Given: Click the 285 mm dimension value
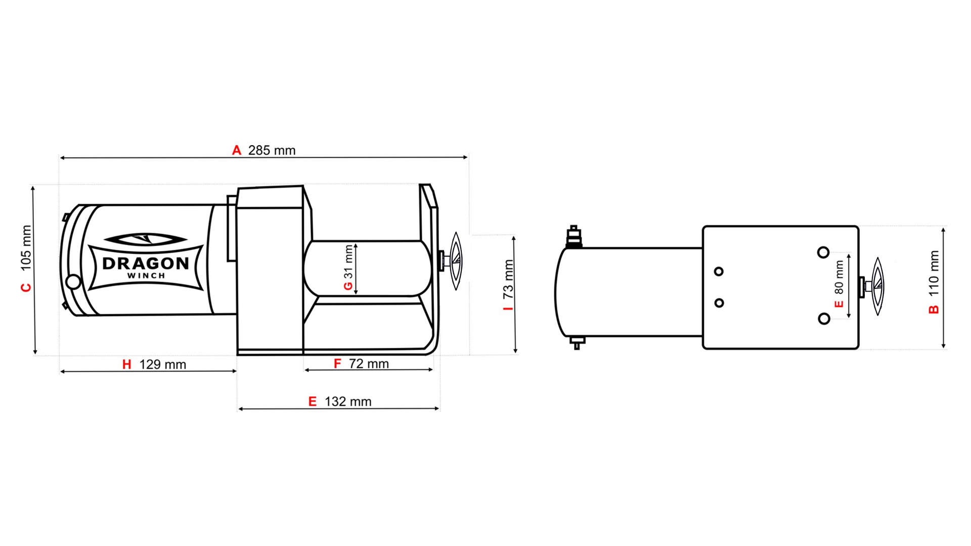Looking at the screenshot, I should point(272,151).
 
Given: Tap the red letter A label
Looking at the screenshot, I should point(236,151).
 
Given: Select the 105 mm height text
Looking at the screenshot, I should point(26,248).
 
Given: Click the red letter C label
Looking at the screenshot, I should point(26,288).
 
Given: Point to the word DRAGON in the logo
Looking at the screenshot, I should point(146,263).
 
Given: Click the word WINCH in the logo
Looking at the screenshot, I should point(146,276).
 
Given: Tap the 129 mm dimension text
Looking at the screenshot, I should point(162,365).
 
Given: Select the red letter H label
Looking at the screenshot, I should point(126,365).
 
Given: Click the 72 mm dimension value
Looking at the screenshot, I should point(369,364).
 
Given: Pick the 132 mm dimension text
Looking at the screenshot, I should point(348,402).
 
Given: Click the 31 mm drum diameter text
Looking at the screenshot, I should point(348,261).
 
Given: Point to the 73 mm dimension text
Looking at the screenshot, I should point(508,279).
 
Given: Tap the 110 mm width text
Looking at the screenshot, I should point(934,273).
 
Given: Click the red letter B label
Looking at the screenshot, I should point(934,309).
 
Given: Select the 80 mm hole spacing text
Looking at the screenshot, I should point(839,277).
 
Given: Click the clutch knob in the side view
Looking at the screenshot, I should point(455,261).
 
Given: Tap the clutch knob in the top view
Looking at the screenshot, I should point(877,286).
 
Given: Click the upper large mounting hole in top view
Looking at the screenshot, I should point(823,252).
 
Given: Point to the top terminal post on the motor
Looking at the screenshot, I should point(573,236).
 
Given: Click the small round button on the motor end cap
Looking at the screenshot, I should point(73,282).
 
